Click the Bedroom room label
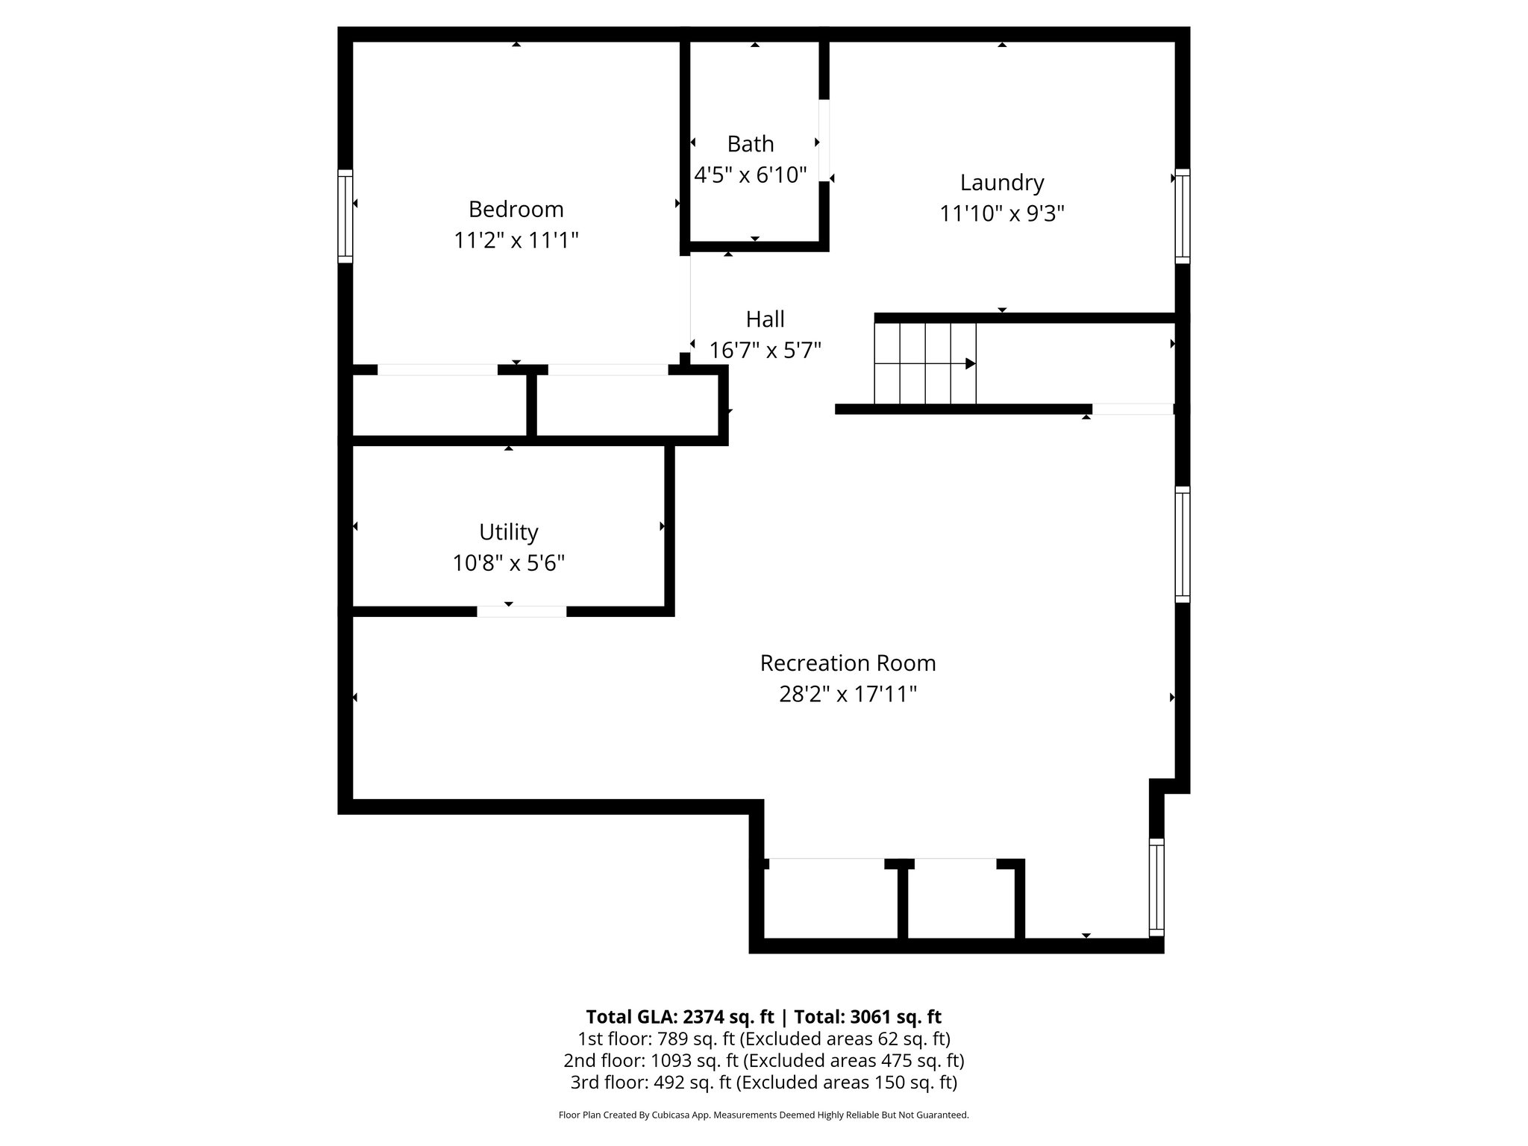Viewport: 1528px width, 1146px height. [516, 209]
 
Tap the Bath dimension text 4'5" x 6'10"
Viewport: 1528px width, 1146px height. [751, 175]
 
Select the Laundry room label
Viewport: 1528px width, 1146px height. [1001, 183]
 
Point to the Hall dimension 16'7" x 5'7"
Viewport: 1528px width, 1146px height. [765, 350]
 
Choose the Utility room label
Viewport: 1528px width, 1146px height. [508, 532]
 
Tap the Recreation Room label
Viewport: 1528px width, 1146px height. [848, 663]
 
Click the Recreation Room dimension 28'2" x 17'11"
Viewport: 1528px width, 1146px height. [848, 695]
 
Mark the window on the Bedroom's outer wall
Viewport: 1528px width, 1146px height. [345, 216]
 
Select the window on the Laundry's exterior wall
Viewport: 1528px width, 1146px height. [1182, 216]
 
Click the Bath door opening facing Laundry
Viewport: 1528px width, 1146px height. [824, 141]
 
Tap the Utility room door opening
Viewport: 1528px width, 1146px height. [522, 612]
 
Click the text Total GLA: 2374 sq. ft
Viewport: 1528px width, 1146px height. [679, 1017]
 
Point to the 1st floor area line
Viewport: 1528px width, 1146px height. [763, 1039]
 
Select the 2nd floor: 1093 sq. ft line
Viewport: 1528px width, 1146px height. [763, 1060]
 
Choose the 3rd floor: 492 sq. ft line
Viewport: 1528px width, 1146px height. [763, 1082]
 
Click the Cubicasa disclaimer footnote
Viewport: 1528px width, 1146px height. [763, 1115]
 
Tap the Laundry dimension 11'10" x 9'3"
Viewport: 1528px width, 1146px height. [1001, 214]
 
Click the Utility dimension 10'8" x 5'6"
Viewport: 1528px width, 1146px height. [508, 563]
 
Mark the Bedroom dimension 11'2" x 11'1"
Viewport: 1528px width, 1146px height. [516, 240]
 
